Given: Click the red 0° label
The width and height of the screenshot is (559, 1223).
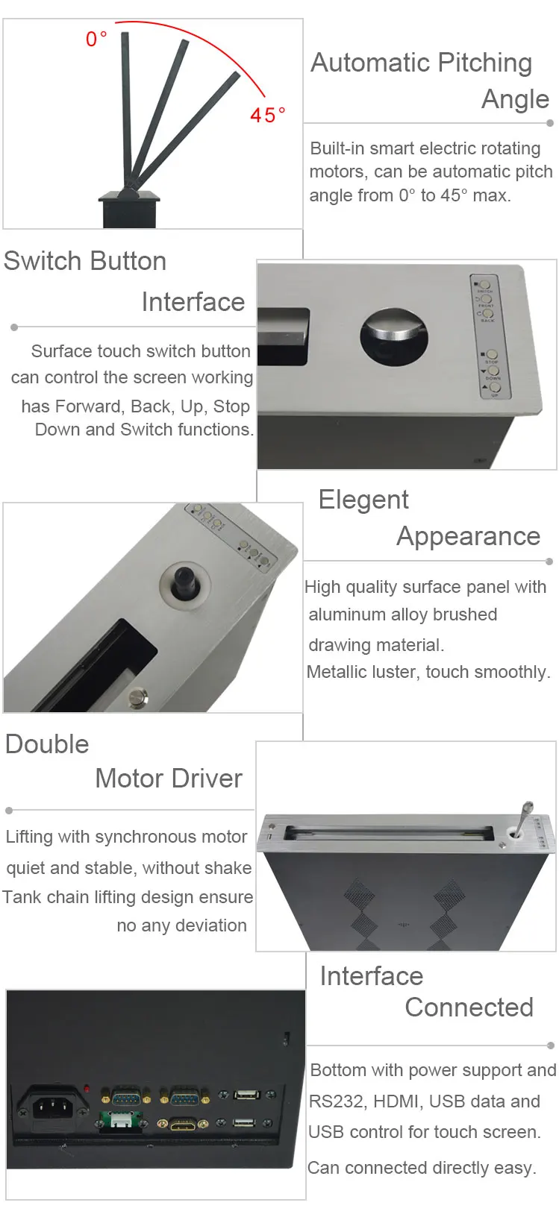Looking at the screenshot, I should [x=96, y=38].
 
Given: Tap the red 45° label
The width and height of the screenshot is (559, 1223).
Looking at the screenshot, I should [x=267, y=115].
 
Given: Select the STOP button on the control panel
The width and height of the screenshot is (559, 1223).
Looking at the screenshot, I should [x=490, y=354].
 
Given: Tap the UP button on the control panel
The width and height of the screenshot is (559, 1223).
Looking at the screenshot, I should [x=494, y=387].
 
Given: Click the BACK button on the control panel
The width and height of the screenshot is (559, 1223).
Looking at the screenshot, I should [x=487, y=314].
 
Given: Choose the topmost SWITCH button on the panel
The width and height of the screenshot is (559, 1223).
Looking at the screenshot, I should [x=484, y=285].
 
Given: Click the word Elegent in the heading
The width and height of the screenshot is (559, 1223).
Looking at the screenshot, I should [x=363, y=500].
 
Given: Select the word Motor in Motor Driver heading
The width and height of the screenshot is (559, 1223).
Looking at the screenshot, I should [x=134, y=779].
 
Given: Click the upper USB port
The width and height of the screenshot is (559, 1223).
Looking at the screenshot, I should [x=246, y=1095].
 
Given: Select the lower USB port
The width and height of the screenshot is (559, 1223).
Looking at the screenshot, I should [x=243, y=1122].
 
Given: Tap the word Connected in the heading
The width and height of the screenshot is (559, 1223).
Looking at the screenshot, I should [x=469, y=1007].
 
